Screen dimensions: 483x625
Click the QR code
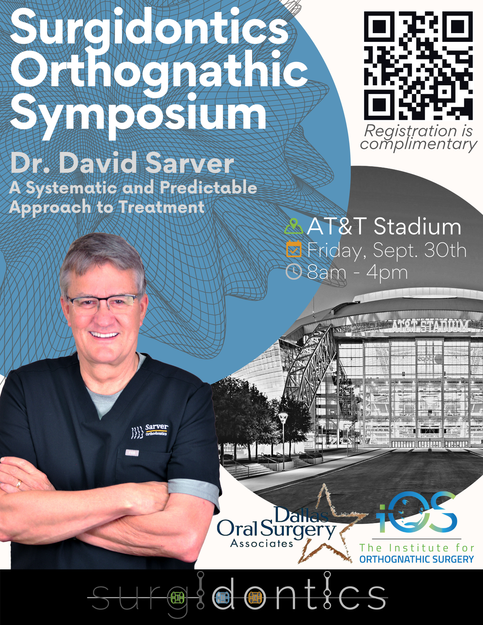click(x=418, y=66)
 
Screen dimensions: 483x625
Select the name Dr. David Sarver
click(x=122, y=162)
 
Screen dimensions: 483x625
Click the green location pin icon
click(x=294, y=226)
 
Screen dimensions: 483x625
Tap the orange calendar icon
click(x=294, y=249)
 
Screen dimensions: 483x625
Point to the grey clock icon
click(x=294, y=271)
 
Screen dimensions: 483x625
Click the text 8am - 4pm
click(x=357, y=272)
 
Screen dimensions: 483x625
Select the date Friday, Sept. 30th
click(x=387, y=250)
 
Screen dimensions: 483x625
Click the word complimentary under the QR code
click(x=418, y=144)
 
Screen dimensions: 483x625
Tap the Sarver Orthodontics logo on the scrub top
click(x=150, y=431)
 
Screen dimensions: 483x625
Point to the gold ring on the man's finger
click(x=18, y=484)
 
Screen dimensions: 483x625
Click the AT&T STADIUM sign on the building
click(x=430, y=326)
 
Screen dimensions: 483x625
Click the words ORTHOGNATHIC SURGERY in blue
click(x=416, y=559)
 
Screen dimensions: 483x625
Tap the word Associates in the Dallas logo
click(x=262, y=543)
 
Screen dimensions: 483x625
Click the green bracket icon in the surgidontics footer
click(x=177, y=598)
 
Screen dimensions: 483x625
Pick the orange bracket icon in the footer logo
click(x=255, y=598)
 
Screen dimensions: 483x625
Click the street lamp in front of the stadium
click(x=283, y=441)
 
